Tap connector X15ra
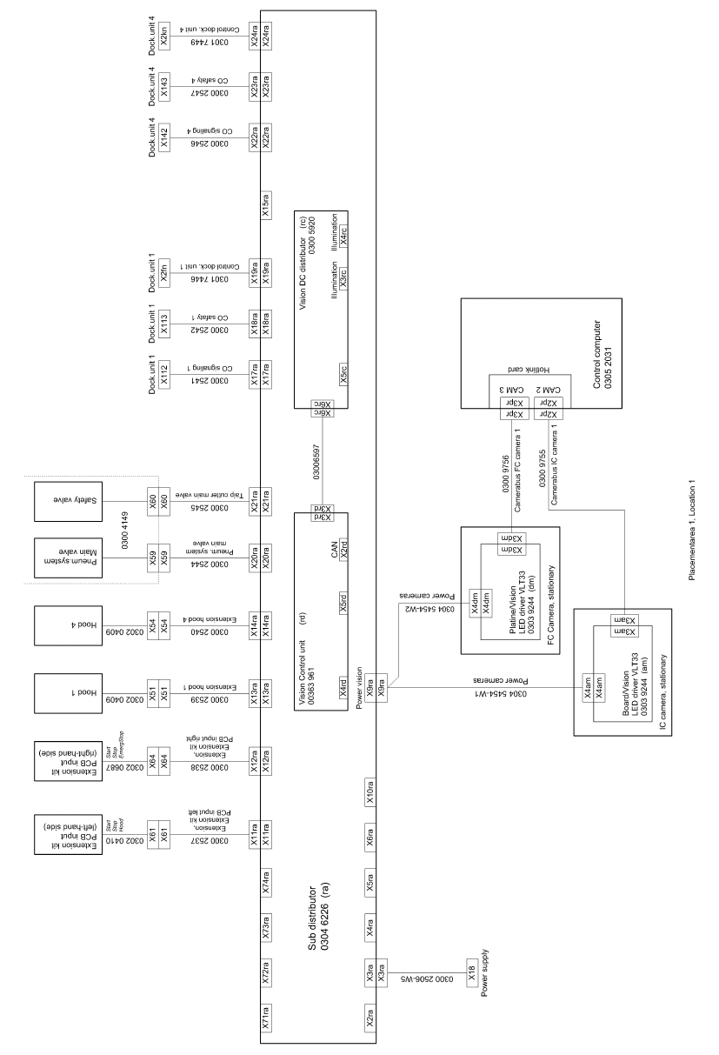click(x=267, y=204)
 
